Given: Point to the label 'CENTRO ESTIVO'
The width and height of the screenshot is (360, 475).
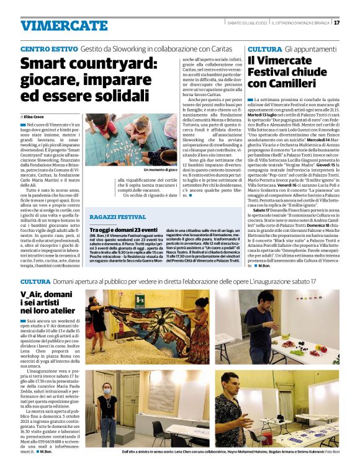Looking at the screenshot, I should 48,48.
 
